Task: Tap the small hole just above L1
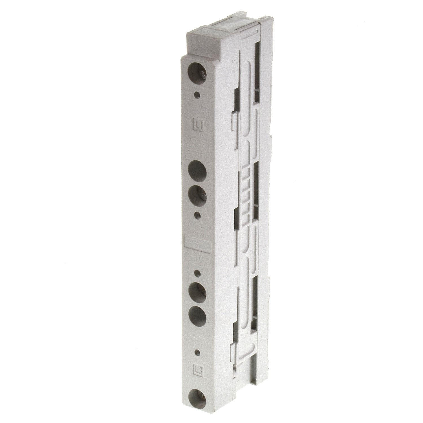tap(199, 95)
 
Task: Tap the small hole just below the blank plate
tap(198, 274)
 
